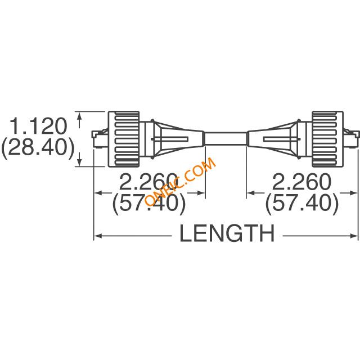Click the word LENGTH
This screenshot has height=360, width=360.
click(x=227, y=233)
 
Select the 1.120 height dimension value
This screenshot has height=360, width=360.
click(x=38, y=126)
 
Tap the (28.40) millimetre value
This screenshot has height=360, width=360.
click(x=38, y=147)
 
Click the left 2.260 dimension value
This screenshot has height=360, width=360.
click(x=148, y=182)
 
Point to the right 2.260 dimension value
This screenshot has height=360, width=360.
click(x=301, y=182)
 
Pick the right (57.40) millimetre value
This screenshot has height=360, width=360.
click(x=302, y=203)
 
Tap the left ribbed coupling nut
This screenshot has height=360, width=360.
click(x=124, y=139)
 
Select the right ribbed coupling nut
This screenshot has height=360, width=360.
click(x=327, y=139)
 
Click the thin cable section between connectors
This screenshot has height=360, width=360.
click(x=226, y=138)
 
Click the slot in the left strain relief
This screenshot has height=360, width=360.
click(x=170, y=139)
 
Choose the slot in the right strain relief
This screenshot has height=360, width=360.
click(x=282, y=139)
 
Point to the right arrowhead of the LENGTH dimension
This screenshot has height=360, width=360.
click(x=354, y=236)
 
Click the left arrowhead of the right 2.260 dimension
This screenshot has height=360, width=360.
click(x=251, y=193)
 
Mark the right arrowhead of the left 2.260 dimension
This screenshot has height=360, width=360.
click(x=200, y=193)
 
